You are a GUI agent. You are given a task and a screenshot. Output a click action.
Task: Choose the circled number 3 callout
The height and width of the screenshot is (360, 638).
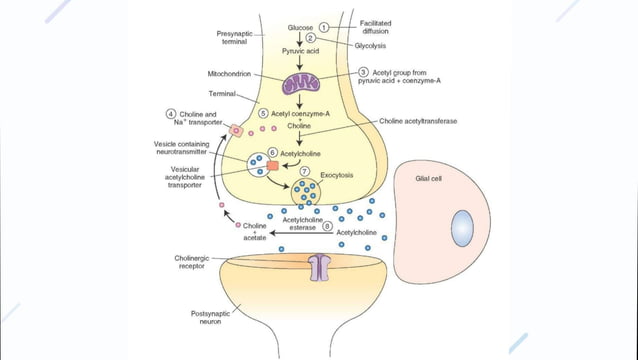click(364, 73)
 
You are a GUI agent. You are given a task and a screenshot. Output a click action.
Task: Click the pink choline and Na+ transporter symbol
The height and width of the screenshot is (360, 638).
click(237, 130)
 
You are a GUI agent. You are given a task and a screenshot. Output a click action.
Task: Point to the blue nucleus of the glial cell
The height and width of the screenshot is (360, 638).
click(463, 229)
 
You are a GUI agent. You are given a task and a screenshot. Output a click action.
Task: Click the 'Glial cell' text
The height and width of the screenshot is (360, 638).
click(430, 179)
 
